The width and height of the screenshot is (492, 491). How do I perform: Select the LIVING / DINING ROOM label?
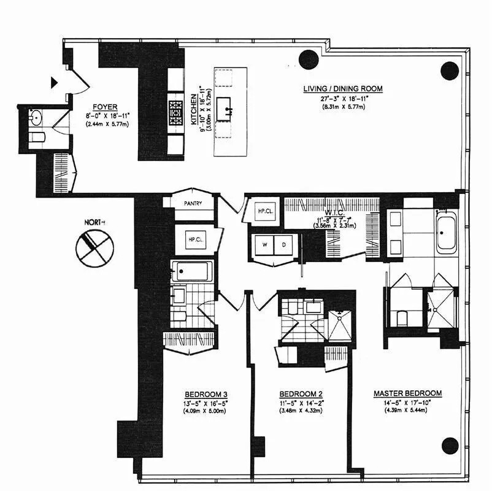click(343, 89)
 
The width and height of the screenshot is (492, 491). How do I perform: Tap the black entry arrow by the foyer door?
click(55, 82)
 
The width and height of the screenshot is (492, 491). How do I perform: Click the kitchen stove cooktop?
click(175, 113)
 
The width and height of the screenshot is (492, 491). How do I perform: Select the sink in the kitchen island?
click(230, 112)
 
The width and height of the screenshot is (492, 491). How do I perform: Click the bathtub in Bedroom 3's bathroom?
click(192, 271)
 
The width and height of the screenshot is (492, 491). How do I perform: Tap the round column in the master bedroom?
click(450, 446)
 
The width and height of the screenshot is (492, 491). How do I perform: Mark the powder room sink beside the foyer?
click(36, 117)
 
